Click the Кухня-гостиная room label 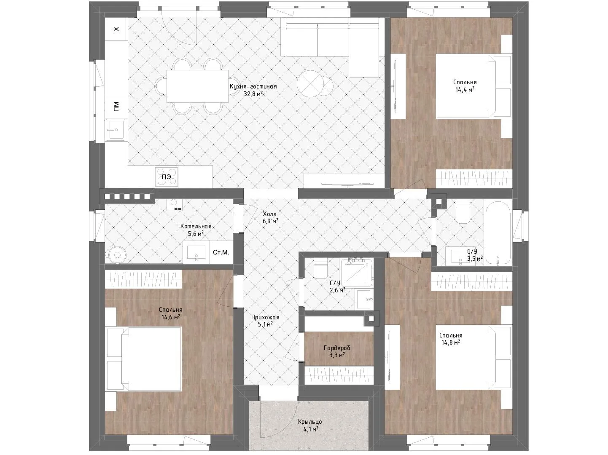coord(253,87)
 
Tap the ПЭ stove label coord(166,177)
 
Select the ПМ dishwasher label coord(116,107)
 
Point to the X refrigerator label coord(116,29)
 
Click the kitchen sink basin coord(116,130)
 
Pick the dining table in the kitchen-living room coord(197,86)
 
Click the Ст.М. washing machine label coord(221,252)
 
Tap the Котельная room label coord(196,226)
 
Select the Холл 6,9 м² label coord(270,217)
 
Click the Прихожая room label coord(265,318)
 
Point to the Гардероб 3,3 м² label coord(337,351)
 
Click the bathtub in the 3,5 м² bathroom coord(498,234)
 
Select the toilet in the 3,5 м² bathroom coord(463,212)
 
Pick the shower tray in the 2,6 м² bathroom coord(356,273)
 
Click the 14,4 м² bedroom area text coord(465,90)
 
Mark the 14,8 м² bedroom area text coord(451,343)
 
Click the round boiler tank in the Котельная coord(117,254)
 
